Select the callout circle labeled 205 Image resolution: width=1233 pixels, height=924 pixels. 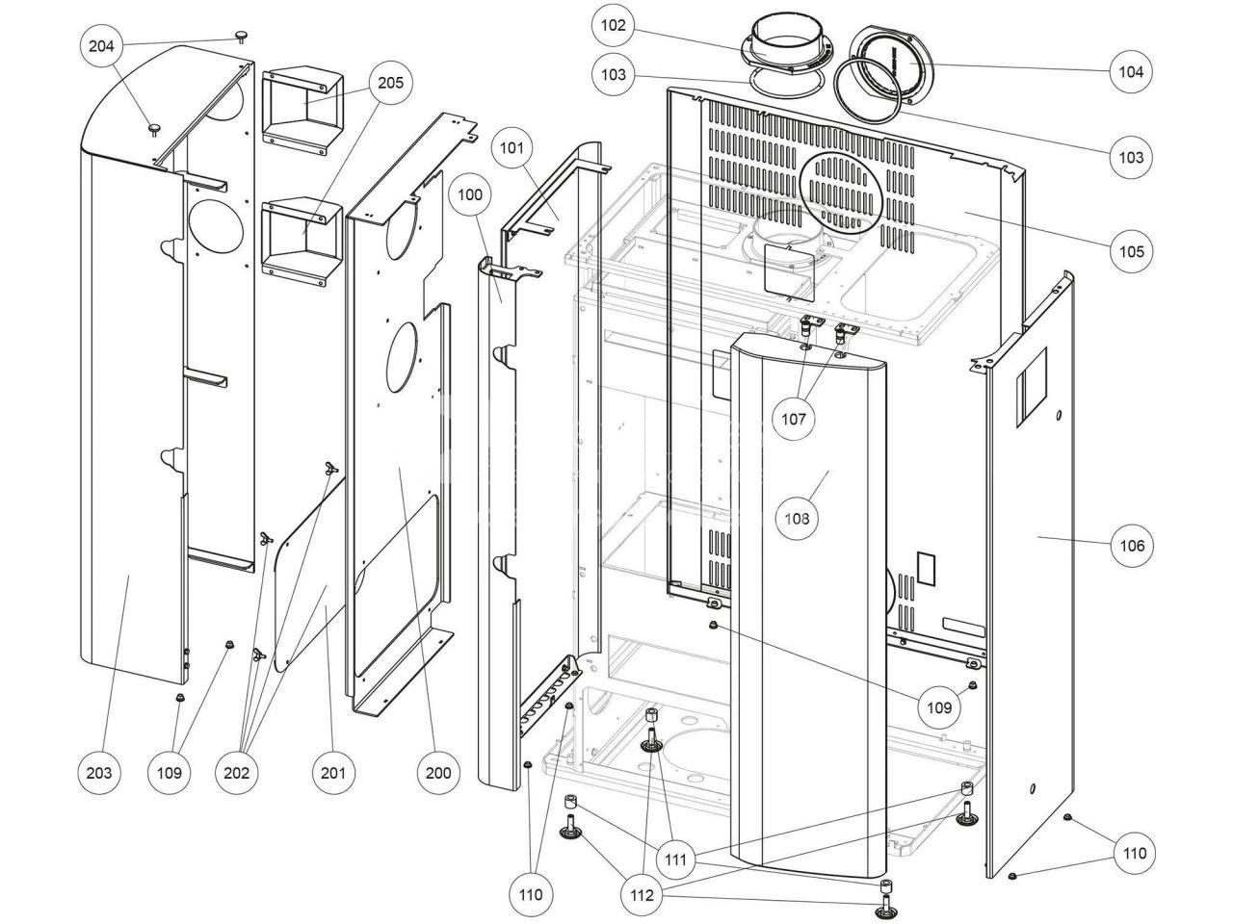coord(389,83)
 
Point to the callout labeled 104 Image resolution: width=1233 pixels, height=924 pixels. coord(1130,70)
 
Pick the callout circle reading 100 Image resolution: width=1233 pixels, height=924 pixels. coord(470,194)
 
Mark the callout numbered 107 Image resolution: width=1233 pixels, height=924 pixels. coord(794,419)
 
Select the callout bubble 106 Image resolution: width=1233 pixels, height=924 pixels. coord(1130,545)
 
